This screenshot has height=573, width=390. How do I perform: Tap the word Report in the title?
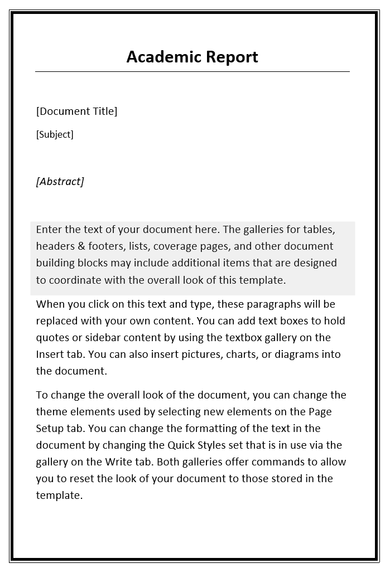[x=232, y=57]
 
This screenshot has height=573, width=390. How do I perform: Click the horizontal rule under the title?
[x=192, y=72]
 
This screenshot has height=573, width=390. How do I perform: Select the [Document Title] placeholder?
[x=76, y=111]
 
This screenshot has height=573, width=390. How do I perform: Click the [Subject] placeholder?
[x=55, y=134]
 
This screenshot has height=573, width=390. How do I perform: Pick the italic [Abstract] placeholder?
[x=60, y=181]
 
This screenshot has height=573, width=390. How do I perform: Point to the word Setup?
[x=50, y=429]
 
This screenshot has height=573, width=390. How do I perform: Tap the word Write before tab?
[x=117, y=462]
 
